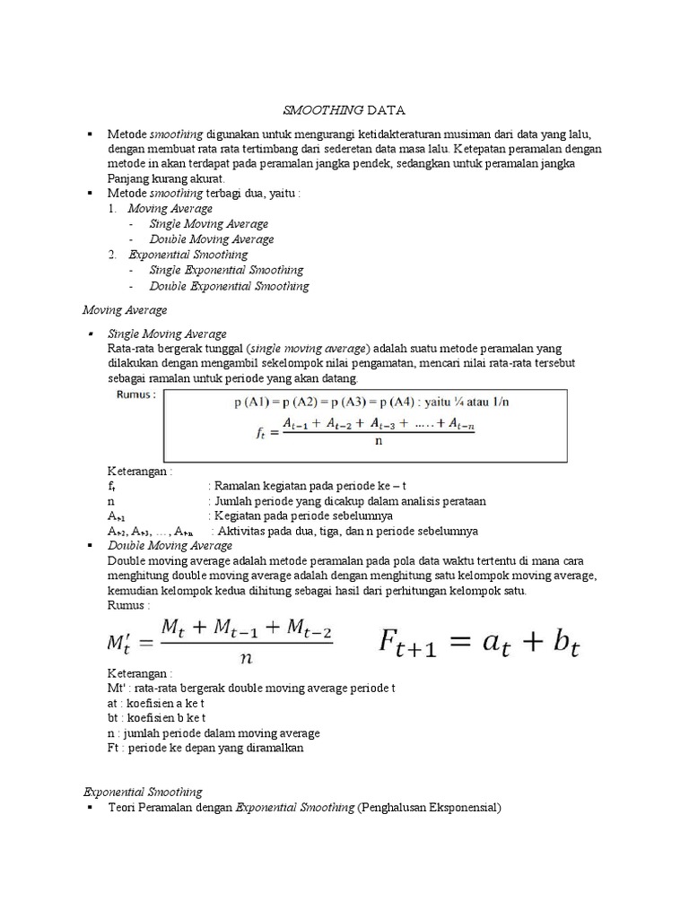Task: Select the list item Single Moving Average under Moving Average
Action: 208,224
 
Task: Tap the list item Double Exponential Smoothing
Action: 229,286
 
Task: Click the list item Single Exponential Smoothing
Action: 226,270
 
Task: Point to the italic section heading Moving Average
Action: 125,310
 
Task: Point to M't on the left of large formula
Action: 126,644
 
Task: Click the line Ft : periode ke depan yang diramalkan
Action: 205,748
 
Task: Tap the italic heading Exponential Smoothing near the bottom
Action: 143,792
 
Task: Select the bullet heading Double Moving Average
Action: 170,545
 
